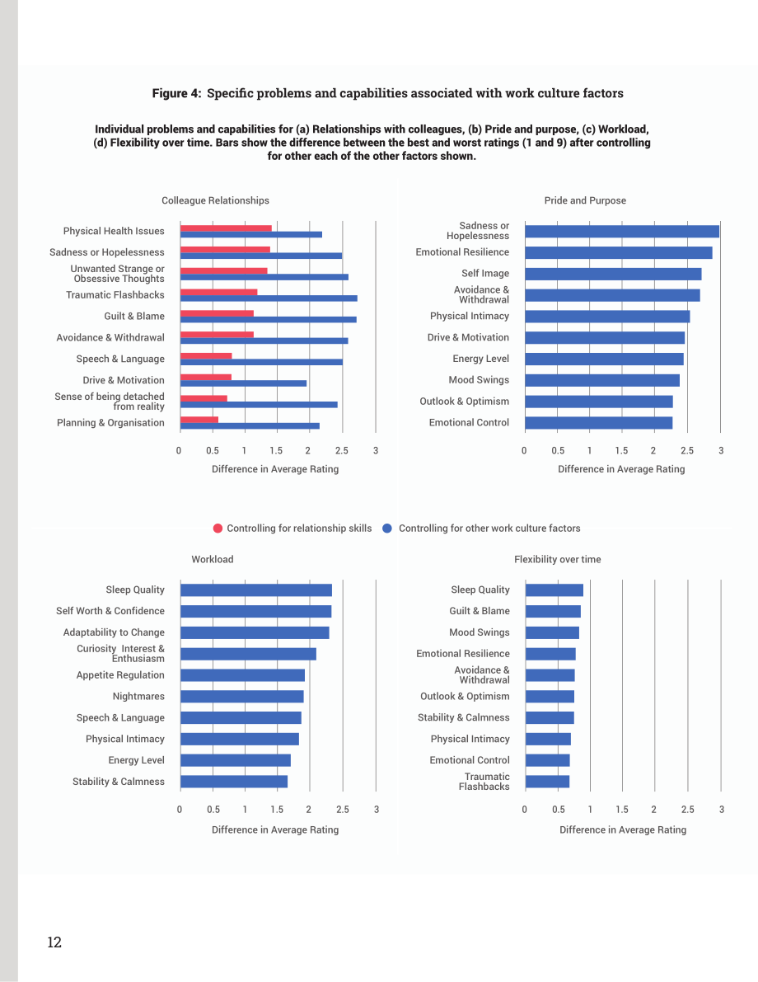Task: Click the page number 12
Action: (x=54, y=942)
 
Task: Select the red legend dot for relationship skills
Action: (x=218, y=528)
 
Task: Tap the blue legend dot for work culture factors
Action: (x=387, y=528)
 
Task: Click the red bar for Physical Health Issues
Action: (x=226, y=228)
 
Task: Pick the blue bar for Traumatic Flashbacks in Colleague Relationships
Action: (x=269, y=298)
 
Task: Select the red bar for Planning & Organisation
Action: (x=199, y=420)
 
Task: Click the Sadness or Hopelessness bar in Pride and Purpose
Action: (x=622, y=232)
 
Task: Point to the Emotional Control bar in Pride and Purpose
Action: (x=598, y=423)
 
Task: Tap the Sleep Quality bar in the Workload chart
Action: (x=256, y=590)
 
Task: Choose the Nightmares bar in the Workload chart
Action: (x=241, y=697)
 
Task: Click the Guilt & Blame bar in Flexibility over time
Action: (x=554, y=611)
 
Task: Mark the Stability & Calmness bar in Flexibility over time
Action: (x=550, y=717)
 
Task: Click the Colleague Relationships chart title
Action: (x=215, y=200)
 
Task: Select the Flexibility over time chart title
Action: (x=558, y=559)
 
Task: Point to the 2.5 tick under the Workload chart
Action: (x=343, y=809)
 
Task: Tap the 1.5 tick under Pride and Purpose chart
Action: (x=621, y=450)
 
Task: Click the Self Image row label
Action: (x=485, y=273)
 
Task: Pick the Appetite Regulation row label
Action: (x=120, y=675)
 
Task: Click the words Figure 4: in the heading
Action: (x=176, y=93)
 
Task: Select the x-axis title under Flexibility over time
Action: (x=623, y=829)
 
